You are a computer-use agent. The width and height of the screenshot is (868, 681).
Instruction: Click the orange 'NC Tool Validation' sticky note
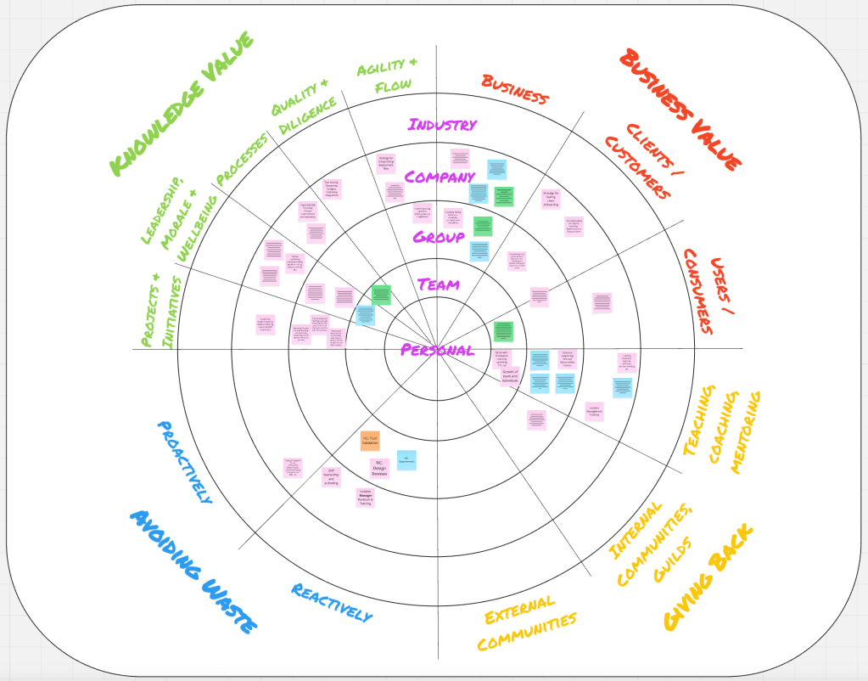[370, 441]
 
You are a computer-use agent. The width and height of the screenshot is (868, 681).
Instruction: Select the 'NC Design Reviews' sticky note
[379, 468]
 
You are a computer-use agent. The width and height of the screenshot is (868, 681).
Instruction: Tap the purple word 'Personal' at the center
[437, 350]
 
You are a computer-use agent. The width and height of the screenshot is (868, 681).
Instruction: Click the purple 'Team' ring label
[439, 284]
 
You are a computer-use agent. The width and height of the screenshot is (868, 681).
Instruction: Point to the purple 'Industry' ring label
[442, 125]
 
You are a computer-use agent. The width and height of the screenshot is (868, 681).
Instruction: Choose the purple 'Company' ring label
[439, 177]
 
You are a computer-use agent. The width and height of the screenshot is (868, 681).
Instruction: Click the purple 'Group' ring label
[439, 237]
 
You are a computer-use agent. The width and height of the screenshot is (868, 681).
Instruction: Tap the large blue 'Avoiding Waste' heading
[193, 571]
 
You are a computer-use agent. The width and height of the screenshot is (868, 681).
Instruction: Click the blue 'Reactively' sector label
[332, 602]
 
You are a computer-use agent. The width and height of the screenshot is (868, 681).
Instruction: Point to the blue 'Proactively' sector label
[184, 462]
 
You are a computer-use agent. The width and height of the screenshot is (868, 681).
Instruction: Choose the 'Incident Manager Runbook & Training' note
[365, 498]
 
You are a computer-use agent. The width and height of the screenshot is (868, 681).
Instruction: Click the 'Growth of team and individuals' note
[509, 374]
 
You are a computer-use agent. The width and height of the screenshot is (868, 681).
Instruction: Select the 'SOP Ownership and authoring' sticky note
[331, 477]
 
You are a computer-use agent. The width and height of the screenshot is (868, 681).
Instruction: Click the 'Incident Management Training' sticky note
[594, 412]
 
